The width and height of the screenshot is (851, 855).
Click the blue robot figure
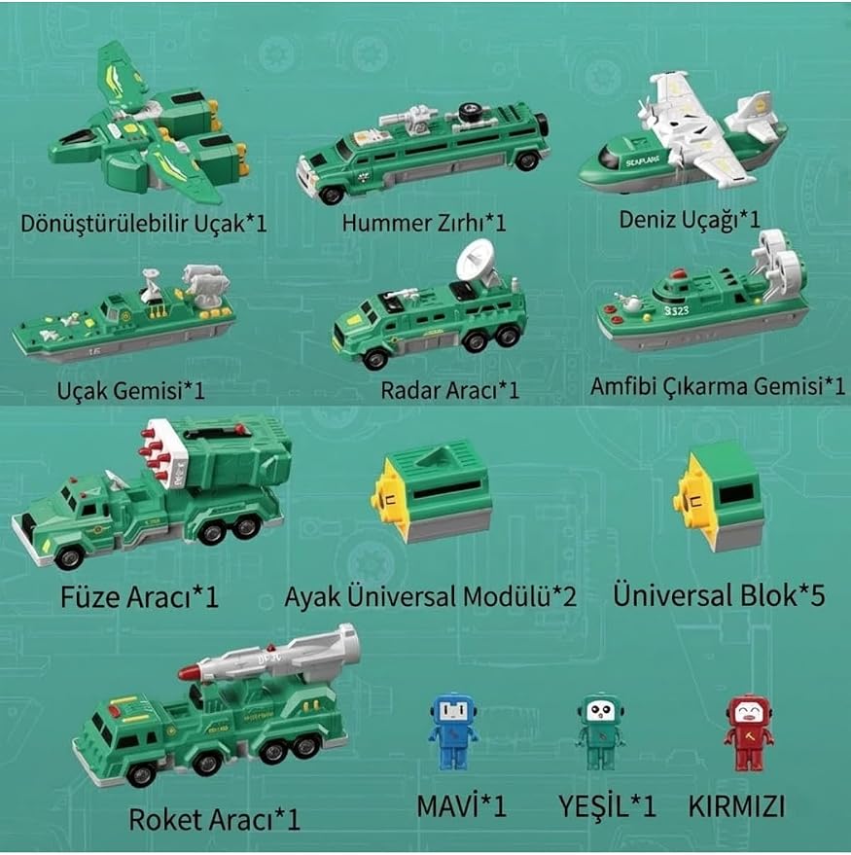(453, 731)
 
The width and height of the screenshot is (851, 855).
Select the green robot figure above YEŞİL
(600, 731)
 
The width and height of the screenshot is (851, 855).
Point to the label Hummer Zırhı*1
(424, 223)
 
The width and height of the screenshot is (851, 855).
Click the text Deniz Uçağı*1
(690, 220)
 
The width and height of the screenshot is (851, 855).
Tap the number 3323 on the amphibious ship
(677, 311)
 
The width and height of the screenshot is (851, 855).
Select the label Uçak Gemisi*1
(131, 391)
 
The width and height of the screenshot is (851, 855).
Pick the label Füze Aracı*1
(139, 597)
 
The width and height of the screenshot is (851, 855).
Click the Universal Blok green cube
(719, 496)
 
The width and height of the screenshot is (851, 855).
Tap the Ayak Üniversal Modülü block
(431, 490)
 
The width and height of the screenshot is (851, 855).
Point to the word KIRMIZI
(736, 806)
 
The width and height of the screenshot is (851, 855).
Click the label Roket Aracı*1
(214, 819)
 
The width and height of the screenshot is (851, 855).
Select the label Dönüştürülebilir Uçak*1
(143, 224)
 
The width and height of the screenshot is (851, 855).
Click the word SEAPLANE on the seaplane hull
(642, 161)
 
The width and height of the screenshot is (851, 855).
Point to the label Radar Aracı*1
(449, 390)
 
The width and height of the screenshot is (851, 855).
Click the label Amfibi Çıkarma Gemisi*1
(718, 386)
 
